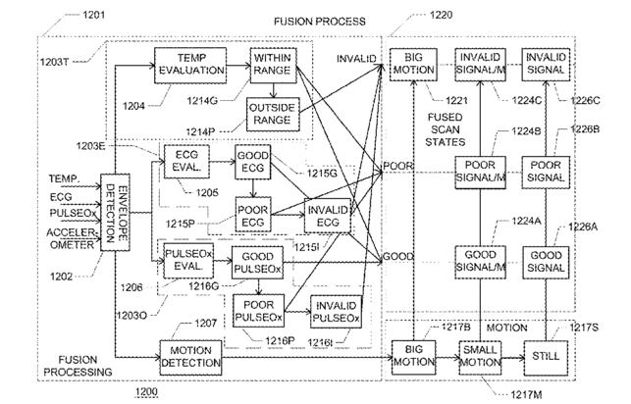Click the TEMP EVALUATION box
tap(190, 66)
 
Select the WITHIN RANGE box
tap(273, 65)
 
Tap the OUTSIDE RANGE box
tap(273, 114)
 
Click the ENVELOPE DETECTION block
tap(115, 212)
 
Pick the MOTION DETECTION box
tap(190, 358)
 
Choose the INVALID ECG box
tap(328, 216)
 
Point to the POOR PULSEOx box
tap(258, 311)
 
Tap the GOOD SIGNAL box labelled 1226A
tap(546, 263)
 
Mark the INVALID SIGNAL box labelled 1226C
tap(546, 65)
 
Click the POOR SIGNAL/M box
tap(480, 173)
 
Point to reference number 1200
tap(146, 391)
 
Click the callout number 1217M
tap(526, 395)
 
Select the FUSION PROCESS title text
tap(320, 22)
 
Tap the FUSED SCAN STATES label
tap(446, 129)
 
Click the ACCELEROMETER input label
tap(72, 239)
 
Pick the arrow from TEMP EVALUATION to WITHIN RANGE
tap(238, 66)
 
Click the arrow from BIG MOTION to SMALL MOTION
tap(447, 357)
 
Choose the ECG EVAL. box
tap(186, 162)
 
